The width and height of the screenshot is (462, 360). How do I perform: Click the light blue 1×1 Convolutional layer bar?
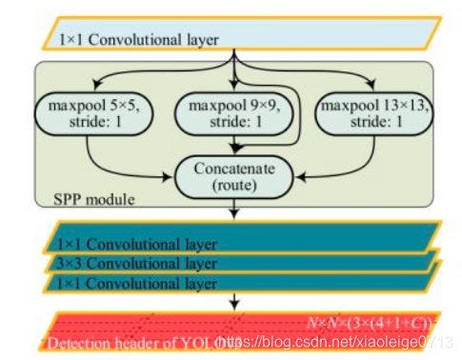tap(238, 39)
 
